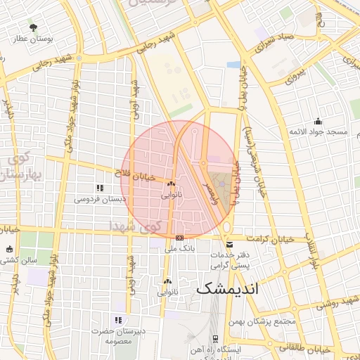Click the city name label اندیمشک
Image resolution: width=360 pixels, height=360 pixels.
pos(228,288)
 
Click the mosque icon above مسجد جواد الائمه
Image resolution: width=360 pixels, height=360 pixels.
pos(318,121)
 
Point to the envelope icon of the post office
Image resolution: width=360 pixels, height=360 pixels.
pos(231,245)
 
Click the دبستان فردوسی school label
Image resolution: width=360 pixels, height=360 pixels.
pos(101,199)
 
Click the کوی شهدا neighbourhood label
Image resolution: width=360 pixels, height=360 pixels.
pos(135,226)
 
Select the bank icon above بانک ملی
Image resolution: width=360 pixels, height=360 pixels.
pos(180,238)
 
